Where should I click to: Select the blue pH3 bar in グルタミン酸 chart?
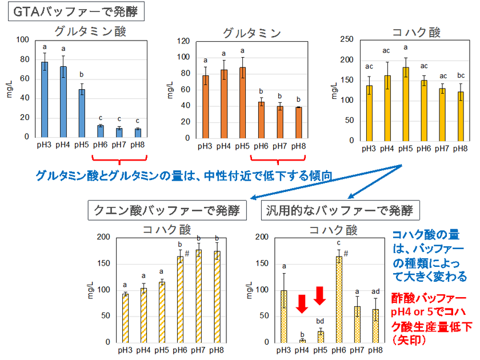[x=45, y=99]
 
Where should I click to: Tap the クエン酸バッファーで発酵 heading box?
[x=167, y=210]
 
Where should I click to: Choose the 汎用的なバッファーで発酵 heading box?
[x=341, y=210]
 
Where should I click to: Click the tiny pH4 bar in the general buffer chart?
[x=302, y=341]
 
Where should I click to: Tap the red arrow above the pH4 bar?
[x=302, y=304]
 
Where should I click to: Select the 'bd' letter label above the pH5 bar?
[x=320, y=321]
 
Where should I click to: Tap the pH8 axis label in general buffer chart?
[x=375, y=350]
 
